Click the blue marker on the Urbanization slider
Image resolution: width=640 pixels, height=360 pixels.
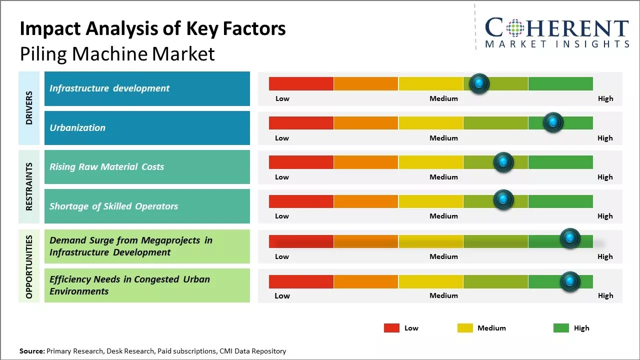(553, 122)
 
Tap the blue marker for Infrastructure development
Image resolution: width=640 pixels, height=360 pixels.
(479, 83)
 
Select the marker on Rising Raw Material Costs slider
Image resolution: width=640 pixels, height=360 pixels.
(503, 162)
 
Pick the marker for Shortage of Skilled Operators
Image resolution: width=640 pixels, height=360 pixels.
(503, 200)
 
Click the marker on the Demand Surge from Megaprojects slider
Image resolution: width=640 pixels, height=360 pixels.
(569, 238)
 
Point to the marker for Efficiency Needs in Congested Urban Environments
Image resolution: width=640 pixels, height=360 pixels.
(569, 281)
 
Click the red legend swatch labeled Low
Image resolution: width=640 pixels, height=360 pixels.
(391, 328)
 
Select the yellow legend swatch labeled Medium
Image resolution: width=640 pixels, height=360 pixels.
(465, 328)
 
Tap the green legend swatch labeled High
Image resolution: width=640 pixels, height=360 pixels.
(561, 328)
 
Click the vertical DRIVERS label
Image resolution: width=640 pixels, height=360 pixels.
(29, 107)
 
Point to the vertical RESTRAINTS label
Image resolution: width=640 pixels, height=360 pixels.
(29, 186)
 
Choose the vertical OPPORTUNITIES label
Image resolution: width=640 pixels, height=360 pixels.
(29, 266)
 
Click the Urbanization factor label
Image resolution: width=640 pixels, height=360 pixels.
(77, 127)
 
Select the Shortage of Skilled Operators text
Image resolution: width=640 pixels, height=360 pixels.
(113, 206)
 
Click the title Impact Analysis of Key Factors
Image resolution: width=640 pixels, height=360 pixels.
(152, 29)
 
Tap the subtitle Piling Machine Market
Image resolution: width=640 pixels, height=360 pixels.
(117, 53)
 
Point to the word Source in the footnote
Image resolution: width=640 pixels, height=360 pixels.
(31, 351)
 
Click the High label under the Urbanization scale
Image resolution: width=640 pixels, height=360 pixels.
(605, 138)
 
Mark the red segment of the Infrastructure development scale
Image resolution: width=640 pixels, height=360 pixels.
(301, 83)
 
